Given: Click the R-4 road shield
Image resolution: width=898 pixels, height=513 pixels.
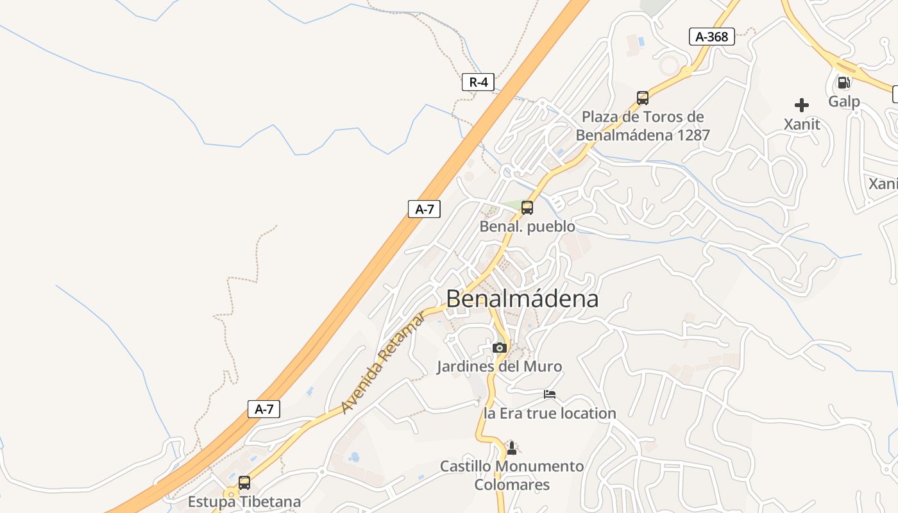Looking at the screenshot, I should pyautogui.click(x=478, y=82).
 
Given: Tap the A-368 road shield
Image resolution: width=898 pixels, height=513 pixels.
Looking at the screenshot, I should pyautogui.click(x=711, y=37).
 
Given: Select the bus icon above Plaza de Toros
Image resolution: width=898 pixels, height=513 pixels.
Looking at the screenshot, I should pyautogui.click(x=643, y=98).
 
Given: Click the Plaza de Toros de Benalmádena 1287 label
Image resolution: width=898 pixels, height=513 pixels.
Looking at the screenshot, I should pyautogui.click(x=643, y=126).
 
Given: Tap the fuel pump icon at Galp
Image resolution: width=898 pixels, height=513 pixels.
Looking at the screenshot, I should pyautogui.click(x=843, y=83).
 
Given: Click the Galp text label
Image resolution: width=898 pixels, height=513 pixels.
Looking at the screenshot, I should pyautogui.click(x=843, y=101).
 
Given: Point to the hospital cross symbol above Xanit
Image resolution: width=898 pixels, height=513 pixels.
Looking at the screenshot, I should pyautogui.click(x=801, y=105).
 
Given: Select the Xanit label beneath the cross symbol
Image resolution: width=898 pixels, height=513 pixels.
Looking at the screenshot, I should pyautogui.click(x=802, y=124).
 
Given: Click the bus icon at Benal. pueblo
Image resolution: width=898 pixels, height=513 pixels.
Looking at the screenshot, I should pyautogui.click(x=527, y=208).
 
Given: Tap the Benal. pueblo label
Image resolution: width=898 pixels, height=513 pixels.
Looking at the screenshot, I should pyautogui.click(x=527, y=227).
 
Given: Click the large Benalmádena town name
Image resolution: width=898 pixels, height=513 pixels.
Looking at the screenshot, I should pyautogui.click(x=522, y=299).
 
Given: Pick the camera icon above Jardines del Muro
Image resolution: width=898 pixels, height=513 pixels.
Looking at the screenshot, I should pyautogui.click(x=500, y=348).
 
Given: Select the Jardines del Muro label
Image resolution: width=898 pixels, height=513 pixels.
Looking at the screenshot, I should pyautogui.click(x=499, y=367).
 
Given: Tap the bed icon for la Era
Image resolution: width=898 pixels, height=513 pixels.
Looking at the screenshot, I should pyautogui.click(x=550, y=394).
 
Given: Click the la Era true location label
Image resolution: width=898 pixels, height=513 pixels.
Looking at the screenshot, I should pyautogui.click(x=550, y=414).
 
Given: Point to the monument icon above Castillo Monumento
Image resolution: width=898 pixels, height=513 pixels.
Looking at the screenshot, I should pyautogui.click(x=511, y=448).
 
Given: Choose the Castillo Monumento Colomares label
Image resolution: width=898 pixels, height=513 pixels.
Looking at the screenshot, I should pyautogui.click(x=512, y=475).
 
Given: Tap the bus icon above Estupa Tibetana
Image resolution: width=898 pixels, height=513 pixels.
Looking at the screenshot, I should pyautogui.click(x=244, y=483).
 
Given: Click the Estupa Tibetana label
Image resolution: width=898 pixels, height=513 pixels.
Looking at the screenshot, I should pyautogui.click(x=244, y=501).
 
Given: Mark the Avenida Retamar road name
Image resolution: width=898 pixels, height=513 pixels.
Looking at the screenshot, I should pyautogui.click(x=382, y=363).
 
